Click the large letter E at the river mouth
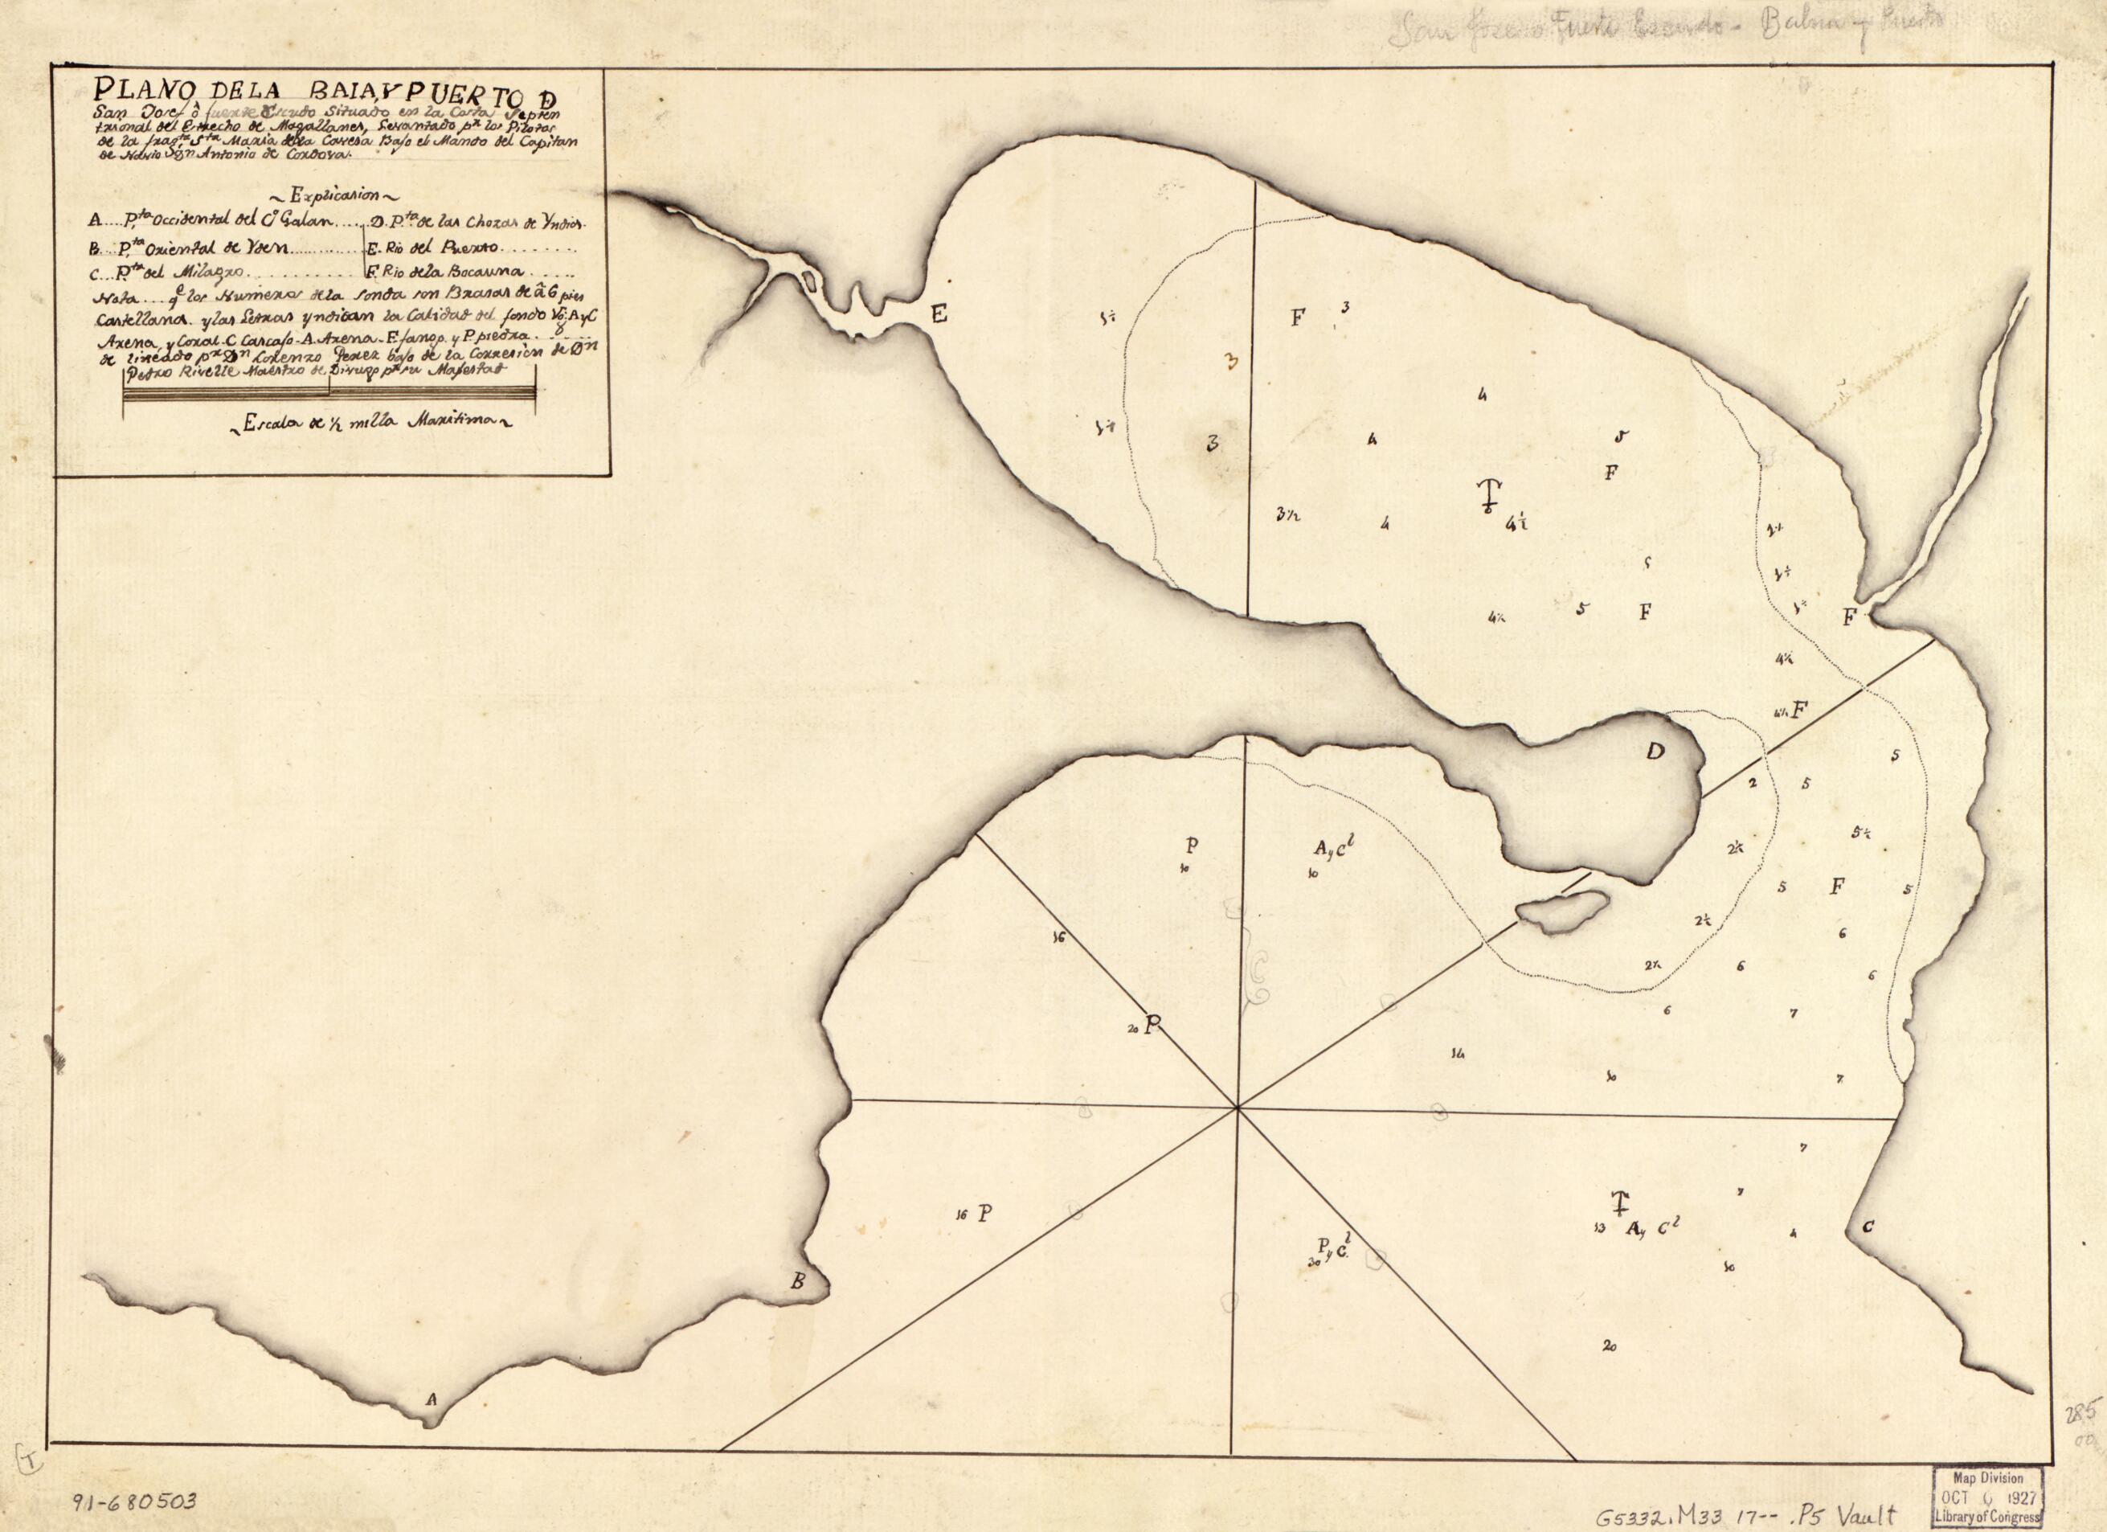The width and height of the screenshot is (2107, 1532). pyautogui.click(x=939, y=316)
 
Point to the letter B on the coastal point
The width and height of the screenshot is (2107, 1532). pyautogui.click(x=797, y=1283)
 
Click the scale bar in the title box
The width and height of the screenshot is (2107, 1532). pyautogui.click(x=329, y=395)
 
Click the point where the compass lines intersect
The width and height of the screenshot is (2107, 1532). pyautogui.click(x=1238, y=1108)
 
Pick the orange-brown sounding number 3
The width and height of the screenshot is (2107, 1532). pyautogui.click(x=1233, y=363)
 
